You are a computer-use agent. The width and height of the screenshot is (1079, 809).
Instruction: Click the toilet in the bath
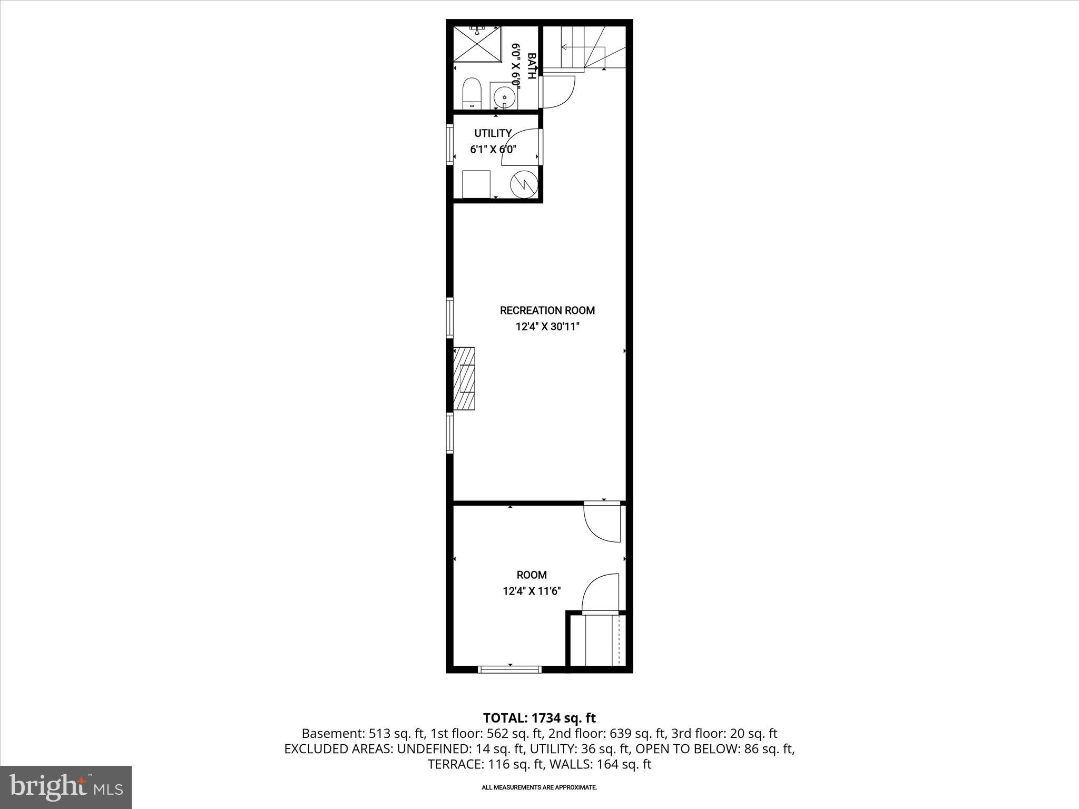(x=472, y=93)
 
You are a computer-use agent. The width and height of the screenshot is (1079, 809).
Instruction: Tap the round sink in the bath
(x=505, y=97)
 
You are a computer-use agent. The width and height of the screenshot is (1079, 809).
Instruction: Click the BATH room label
(x=532, y=66)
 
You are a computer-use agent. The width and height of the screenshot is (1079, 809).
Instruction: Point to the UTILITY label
(x=493, y=133)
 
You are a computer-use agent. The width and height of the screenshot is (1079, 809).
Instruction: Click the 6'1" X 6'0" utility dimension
(x=493, y=150)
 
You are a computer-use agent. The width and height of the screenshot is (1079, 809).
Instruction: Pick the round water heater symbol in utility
(x=524, y=183)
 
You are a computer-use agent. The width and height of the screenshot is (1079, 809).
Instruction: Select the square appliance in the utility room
(x=476, y=183)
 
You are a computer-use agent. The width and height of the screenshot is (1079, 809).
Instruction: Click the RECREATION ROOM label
(x=547, y=311)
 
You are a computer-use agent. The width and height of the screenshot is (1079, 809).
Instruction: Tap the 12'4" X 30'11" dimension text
(x=547, y=327)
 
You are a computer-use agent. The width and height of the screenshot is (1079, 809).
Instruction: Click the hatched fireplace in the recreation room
(x=464, y=378)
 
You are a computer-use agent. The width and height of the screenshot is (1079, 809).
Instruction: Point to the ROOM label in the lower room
(x=532, y=575)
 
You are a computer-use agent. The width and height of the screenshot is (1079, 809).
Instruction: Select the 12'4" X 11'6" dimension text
(x=532, y=591)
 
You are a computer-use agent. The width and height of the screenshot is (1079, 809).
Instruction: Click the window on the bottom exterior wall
(x=509, y=669)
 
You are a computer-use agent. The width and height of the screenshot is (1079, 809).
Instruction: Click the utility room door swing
(x=519, y=143)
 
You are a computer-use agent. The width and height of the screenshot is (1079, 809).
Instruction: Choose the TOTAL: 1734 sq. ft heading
(x=539, y=718)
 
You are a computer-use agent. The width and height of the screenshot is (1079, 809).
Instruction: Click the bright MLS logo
(x=66, y=787)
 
